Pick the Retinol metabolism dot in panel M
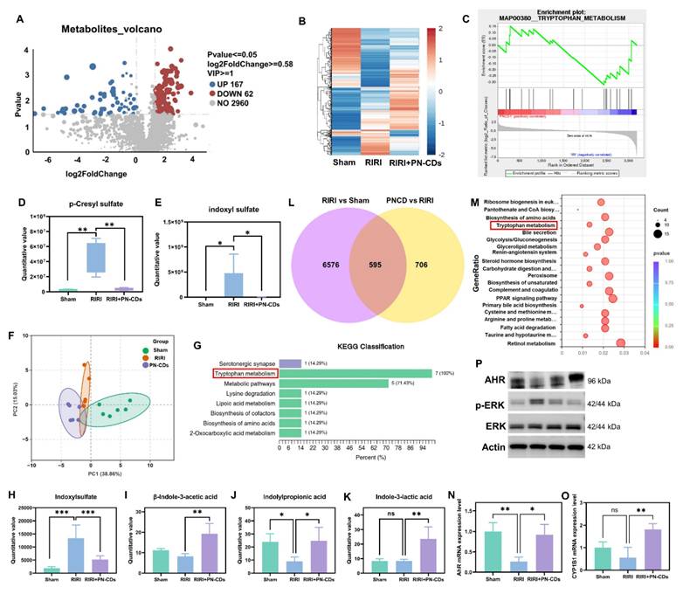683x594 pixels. click(x=622, y=344)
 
